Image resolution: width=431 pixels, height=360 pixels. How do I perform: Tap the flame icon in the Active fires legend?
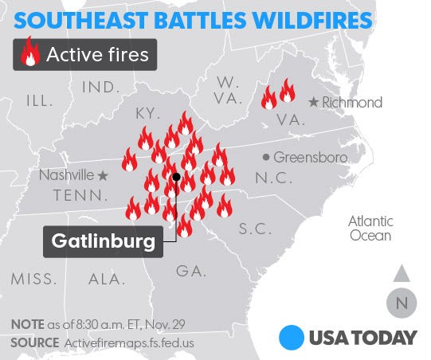(31, 56)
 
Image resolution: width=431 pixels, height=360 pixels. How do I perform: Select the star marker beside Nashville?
(102, 174)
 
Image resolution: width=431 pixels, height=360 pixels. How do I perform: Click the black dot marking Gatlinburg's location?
(175, 177)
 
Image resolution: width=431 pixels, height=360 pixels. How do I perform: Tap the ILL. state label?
(40, 100)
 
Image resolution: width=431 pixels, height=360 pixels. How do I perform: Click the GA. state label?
(191, 271)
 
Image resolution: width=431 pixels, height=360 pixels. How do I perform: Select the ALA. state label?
(107, 279)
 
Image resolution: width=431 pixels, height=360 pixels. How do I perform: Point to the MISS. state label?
(33, 279)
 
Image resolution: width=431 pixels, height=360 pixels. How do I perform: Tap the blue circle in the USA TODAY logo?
(292, 336)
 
